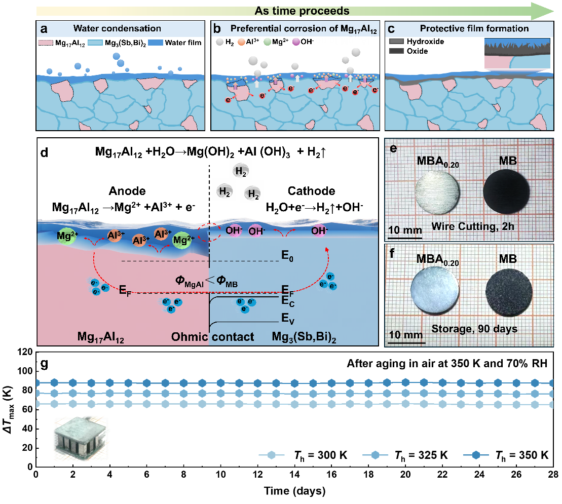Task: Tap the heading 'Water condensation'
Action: coord(117,28)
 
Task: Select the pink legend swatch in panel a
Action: coord(46,43)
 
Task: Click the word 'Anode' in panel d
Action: coord(127,191)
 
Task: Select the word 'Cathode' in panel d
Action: coord(311,191)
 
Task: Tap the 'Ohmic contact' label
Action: coord(212,337)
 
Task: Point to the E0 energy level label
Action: coord(288,257)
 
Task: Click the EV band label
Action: coord(288,318)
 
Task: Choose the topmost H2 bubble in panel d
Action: coord(241,171)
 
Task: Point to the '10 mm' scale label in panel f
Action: coord(405,335)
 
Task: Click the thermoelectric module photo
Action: coord(82,439)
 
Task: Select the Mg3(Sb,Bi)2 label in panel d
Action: coord(314,337)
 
